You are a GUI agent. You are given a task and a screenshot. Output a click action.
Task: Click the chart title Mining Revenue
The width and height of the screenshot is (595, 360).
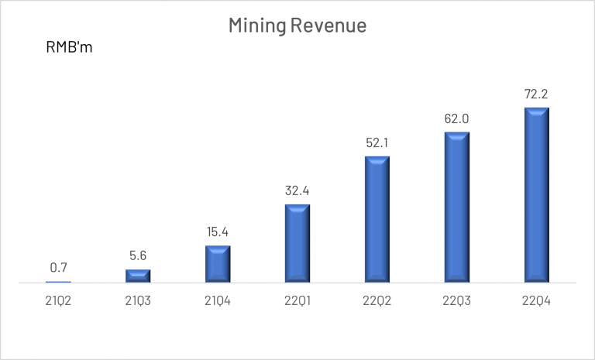(x=297, y=26)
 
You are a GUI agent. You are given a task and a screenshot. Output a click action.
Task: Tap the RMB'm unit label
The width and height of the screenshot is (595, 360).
(x=69, y=49)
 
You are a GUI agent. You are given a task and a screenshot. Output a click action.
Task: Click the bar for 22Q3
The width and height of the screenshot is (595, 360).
(x=456, y=207)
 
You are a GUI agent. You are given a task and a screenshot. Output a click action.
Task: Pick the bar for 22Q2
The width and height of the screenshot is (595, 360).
(x=377, y=219)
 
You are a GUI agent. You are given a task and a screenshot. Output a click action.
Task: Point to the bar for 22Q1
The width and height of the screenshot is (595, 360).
(x=297, y=243)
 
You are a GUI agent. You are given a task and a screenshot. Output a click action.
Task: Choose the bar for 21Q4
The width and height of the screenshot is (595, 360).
(x=218, y=264)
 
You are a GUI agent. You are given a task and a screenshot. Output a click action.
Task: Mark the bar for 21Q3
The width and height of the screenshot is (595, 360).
(x=138, y=276)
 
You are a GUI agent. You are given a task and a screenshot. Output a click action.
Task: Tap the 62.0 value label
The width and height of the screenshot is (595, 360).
(x=456, y=119)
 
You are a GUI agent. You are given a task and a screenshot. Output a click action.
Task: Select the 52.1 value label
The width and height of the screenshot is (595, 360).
(x=377, y=143)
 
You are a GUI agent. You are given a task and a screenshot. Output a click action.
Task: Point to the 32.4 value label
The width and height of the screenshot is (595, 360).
(x=297, y=191)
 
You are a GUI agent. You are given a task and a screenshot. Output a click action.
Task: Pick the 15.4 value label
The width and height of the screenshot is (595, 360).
(x=218, y=232)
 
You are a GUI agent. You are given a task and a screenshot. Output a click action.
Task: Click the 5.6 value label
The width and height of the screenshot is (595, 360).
(x=138, y=256)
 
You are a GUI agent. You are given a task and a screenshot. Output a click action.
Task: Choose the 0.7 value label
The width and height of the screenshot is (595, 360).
(x=58, y=269)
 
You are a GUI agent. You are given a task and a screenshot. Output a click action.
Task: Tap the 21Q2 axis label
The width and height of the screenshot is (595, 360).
(x=58, y=301)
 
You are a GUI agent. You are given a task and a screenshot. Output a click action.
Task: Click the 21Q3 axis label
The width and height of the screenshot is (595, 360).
(x=138, y=301)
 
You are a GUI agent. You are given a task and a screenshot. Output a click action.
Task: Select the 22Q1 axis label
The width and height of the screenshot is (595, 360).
(x=297, y=301)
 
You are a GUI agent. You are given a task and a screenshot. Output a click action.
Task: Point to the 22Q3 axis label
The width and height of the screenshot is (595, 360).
(x=456, y=301)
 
